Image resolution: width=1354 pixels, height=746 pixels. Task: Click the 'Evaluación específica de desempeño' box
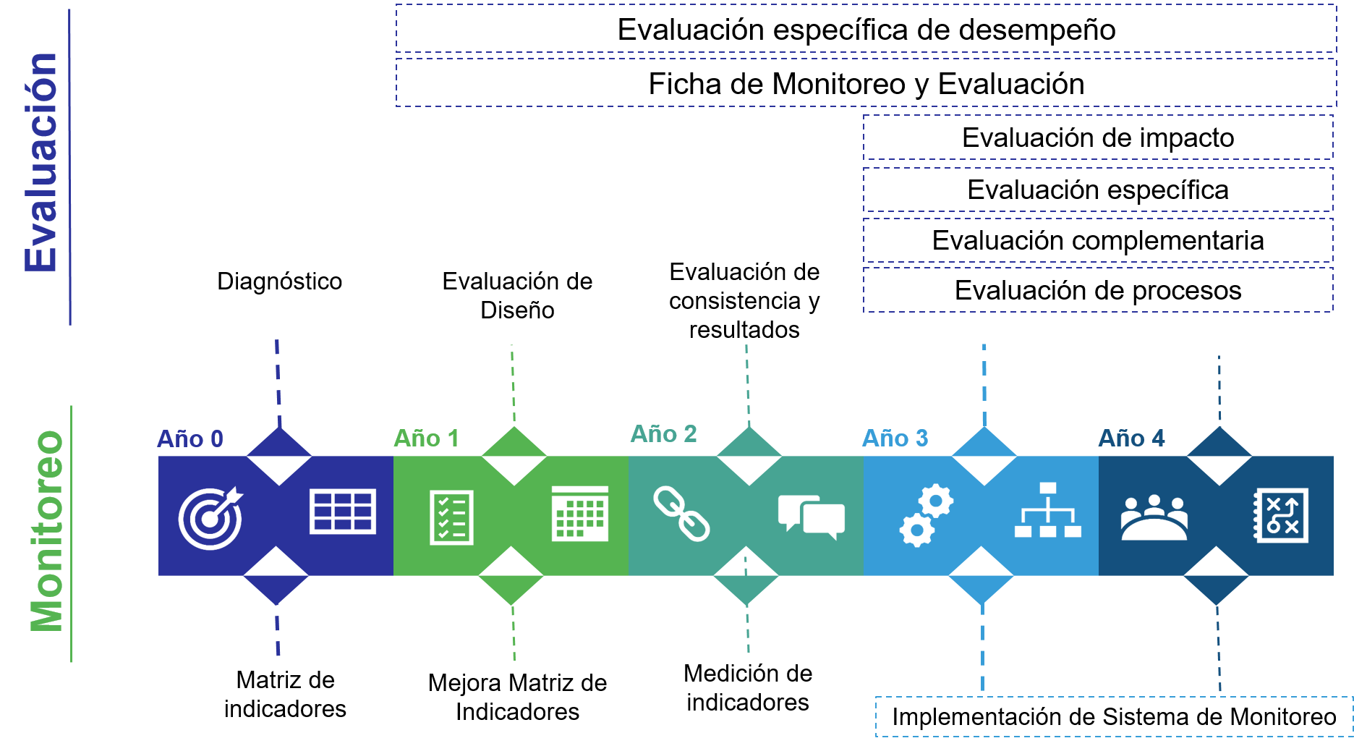coord(866,30)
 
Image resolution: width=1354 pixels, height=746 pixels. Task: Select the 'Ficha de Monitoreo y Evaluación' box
coord(866,84)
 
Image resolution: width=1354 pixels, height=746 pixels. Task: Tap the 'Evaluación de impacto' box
coord(1097,137)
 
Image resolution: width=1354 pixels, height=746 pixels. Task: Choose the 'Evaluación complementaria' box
coord(1097,240)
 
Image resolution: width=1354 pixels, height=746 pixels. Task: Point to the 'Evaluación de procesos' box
coord(1097,290)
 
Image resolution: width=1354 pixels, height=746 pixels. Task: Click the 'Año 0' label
coord(190,438)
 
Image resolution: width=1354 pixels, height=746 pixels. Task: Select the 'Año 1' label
coord(426,438)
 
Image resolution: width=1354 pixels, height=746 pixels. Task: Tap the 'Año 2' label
coord(663,434)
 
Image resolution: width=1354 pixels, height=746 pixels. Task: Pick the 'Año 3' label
coord(895,438)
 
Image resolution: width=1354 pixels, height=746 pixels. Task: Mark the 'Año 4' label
coord(1131,438)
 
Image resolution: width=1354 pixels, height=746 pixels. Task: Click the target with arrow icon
coord(210,518)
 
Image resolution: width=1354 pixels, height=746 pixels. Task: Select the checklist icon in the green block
coord(451,517)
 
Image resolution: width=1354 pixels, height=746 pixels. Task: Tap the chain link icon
coord(681,514)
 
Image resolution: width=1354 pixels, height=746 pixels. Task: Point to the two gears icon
coord(926,515)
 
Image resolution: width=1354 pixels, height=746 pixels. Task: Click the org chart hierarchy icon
coord(1047,510)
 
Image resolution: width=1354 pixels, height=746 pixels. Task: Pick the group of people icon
coord(1154,517)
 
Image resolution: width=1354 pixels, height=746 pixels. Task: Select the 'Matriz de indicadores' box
coord(285,694)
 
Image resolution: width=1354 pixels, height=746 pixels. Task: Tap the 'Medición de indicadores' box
coord(748,687)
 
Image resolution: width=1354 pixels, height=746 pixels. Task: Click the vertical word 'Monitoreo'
coord(47,531)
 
